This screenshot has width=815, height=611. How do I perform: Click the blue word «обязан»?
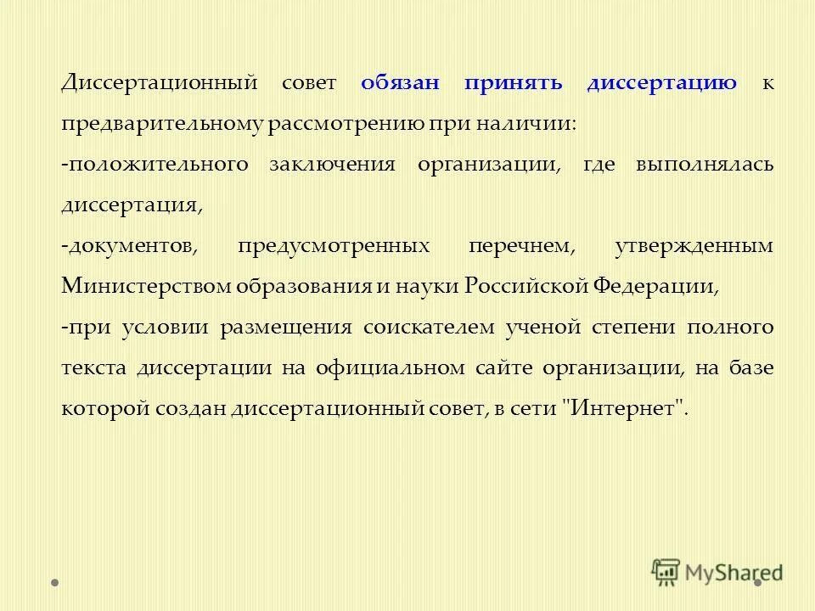tap(400, 83)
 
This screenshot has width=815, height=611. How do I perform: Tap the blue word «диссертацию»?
tap(661, 83)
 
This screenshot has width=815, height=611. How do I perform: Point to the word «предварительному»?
tap(162, 124)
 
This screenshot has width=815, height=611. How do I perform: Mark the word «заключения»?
tap(332, 165)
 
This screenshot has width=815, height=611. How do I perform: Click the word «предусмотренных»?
tap(333, 246)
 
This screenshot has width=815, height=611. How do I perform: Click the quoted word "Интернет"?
tap(623, 409)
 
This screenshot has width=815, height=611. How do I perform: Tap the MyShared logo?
tap(717, 572)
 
